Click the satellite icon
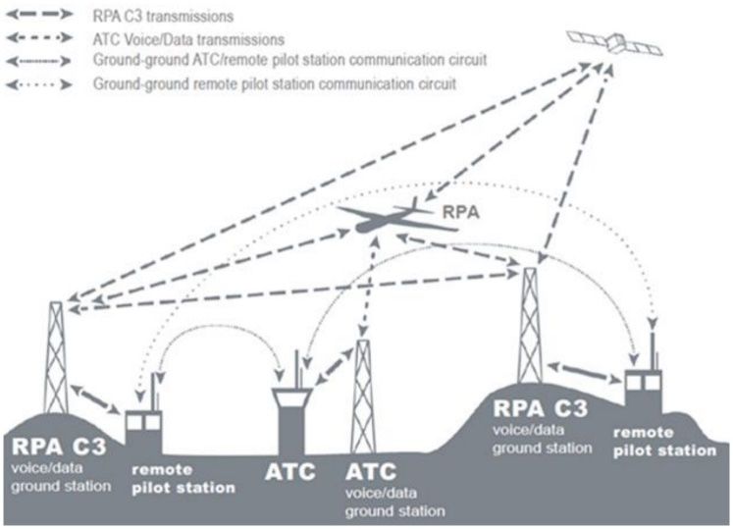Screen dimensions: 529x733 tap(616, 41)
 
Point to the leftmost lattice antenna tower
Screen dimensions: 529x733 tap(57, 358)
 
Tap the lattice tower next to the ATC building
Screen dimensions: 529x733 tap(362, 393)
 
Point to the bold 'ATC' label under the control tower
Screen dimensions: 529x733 tap(290, 471)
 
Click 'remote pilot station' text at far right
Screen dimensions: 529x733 tap(665, 442)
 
